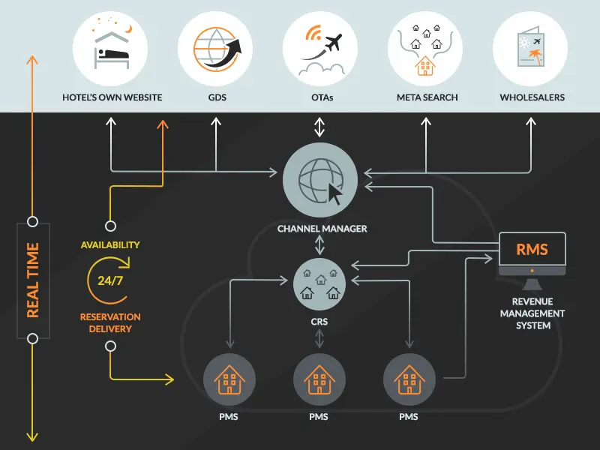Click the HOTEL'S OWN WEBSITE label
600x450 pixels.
click(x=112, y=97)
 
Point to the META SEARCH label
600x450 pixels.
click(x=427, y=97)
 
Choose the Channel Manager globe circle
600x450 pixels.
click(x=320, y=180)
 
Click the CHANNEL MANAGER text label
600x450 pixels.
click(x=322, y=229)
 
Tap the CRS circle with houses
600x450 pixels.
click(x=319, y=284)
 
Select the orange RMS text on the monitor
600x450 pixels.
click(x=532, y=250)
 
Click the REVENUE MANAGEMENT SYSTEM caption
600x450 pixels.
click(x=532, y=313)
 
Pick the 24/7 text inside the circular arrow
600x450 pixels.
click(x=110, y=280)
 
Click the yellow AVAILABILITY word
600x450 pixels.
click(x=110, y=245)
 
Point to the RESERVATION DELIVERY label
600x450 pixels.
click(x=110, y=322)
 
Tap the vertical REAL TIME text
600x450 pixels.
click(x=33, y=280)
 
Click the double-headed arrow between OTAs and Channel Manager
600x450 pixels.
click(x=319, y=127)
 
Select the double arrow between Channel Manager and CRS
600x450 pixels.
click(x=319, y=245)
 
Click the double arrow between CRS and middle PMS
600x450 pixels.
click(x=319, y=339)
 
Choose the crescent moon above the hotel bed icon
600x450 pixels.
click(x=130, y=29)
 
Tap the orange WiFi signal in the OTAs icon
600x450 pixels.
click(x=313, y=32)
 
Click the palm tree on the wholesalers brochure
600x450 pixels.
click(x=537, y=57)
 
